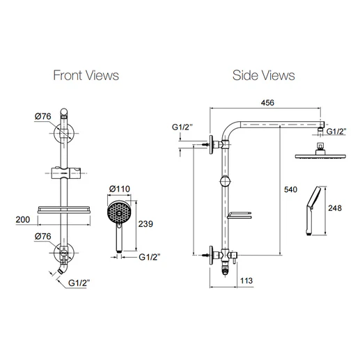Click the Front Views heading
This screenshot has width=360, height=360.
pos(86,75)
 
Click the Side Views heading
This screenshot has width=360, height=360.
pos(263,75)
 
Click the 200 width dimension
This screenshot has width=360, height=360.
pos(22,219)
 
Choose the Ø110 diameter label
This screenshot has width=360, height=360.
pos(122,189)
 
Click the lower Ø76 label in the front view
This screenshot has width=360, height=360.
pos(43,235)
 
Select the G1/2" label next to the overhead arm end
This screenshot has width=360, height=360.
pos(338,130)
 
